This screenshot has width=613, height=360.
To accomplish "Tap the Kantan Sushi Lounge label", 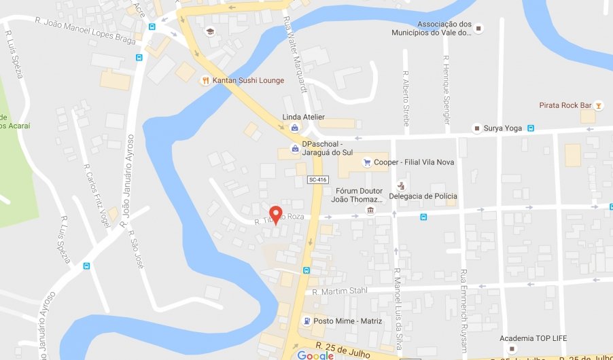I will pyautogui.click(x=248, y=80).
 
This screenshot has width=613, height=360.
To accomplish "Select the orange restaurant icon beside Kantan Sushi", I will pyautogui.click(x=205, y=80).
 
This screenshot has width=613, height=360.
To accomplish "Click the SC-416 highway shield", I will pyautogui.click(x=317, y=179).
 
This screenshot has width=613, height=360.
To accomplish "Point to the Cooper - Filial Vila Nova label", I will pyautogui.click(x=408, y=162).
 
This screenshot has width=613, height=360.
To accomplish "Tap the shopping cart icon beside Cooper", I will pyautogui.click(x=367, y=162).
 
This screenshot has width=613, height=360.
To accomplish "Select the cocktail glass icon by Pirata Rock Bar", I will pyautogui.click(x=598, y=105).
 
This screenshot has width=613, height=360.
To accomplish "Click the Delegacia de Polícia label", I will pyautogui.click(x=423, y=196).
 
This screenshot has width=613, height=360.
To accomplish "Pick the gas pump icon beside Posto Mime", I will pyautogui.click(x=307, y=321).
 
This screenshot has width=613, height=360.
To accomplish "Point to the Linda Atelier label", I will pyautogui.click(x=303, y=117).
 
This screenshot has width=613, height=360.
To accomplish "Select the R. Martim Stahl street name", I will pyautogui.click(x=340, y=291).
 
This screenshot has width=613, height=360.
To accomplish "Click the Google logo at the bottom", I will pyautogui.click(x=315, y=355).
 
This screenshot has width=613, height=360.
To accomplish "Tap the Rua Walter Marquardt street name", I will pyautogui.click(x=294, y=54).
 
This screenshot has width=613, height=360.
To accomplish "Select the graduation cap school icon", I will pyautogui.click(x=210, y=31).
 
